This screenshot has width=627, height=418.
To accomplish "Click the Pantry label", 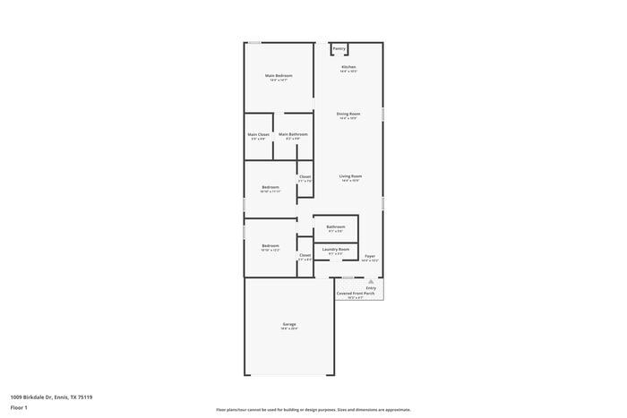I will tap(339, 48).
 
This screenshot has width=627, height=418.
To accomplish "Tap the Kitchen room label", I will tap(348, 68).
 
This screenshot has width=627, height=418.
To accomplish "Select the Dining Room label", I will tap(348, 114).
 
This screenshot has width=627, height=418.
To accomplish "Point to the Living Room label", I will tap(350, 176).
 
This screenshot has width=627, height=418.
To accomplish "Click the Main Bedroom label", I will tap(279, 76).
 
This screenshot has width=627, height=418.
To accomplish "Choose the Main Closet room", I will tap(258, 136).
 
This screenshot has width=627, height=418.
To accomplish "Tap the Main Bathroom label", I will tap(293, 135).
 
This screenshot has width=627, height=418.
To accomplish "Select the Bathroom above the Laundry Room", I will tap(336, 227).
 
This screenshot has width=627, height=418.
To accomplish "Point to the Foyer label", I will tap(370, 256).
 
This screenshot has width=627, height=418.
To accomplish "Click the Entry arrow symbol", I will tap(371, 280).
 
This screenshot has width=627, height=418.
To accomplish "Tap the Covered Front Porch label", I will tap(357, 294).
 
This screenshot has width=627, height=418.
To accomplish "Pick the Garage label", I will tap(289, 324).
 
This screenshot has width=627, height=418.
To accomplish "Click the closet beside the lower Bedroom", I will tap(305, 256).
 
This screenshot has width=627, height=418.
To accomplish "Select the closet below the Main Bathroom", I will tap(305, 177).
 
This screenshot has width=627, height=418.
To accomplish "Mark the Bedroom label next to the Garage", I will tap(271, 246).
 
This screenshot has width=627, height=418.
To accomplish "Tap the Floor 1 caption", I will tap(20, 408).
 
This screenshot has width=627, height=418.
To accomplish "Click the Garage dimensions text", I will tap(289, 328).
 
